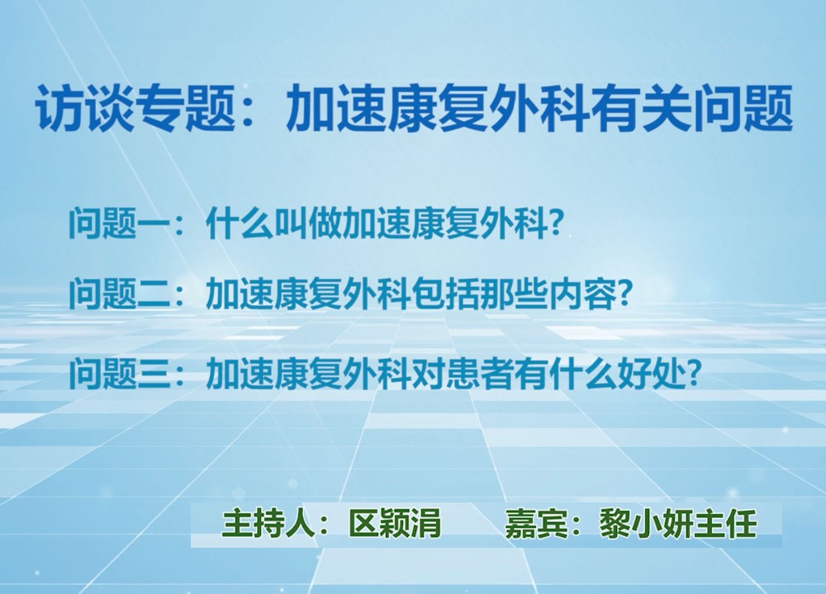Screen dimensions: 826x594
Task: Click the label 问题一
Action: (119, 224)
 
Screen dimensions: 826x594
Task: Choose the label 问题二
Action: (119, 293)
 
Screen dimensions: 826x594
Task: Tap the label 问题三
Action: (119, 373)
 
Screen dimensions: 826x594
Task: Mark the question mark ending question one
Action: (555, 224)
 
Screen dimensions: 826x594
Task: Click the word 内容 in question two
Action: (582, 293)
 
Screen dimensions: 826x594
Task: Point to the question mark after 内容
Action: (624, 293)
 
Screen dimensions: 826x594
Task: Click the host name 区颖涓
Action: (395, 524)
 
